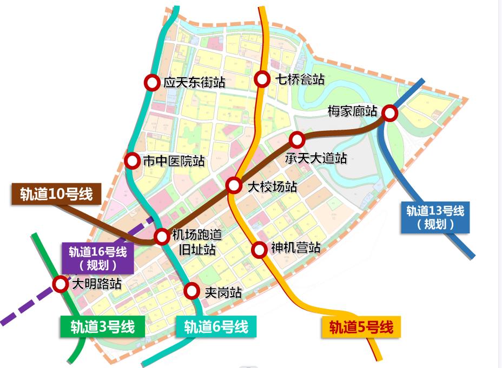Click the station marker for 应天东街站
tap(152, 82)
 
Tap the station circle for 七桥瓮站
tap(262, 79)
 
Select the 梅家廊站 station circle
tap(389, 113)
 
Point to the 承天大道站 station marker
tap(296, 139)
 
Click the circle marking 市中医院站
tap(131, 160)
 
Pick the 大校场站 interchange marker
tap(234, 185)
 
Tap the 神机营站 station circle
tap(260, 249)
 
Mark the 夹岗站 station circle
tap(191, 291)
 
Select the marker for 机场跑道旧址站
tap(162, 236)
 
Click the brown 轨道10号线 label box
tap(56, 194)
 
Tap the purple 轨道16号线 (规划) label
tap(97, 258)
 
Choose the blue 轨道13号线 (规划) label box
tap(435, 217)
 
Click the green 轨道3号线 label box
tap(102, 327)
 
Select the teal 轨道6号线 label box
tap(216, 327)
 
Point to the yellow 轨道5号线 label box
tap(361, 327)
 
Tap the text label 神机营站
tap(296, 248)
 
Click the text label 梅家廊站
tap(353, 111)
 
